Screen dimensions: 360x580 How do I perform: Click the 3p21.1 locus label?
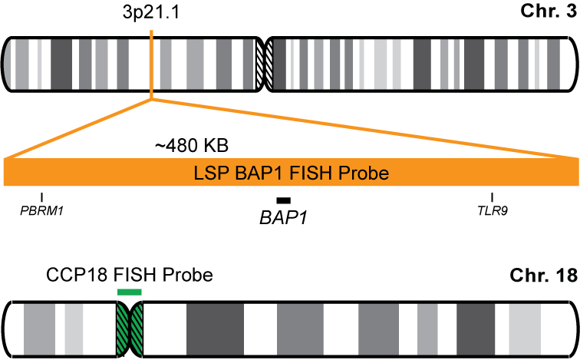[151, 14]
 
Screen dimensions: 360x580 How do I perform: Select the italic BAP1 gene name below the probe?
[283, 218]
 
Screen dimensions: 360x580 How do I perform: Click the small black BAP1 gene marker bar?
[284, 200]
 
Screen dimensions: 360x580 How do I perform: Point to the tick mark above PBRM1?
[41, 197]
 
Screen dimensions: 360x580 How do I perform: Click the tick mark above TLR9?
[492, 197]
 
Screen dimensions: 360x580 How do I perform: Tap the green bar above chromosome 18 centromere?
[129, 292]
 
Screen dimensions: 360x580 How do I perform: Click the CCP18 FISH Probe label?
[128, 274]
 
